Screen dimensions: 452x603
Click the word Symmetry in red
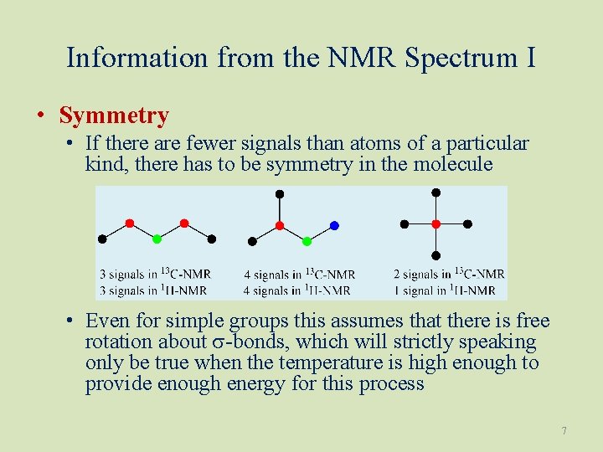[x=114, y=116]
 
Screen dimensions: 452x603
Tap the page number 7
[x=564, y=431]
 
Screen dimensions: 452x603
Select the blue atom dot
[x=334, y=225]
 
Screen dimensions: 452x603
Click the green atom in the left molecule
[x=157, y=239]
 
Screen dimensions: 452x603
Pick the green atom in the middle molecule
[x=307, y=241]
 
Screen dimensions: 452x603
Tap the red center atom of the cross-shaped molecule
[x=435, y=224]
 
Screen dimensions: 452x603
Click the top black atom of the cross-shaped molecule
[x=435, y=193]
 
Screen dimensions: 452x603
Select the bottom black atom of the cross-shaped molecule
[x=435, y=255]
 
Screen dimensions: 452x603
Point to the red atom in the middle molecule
[x=280, y=225]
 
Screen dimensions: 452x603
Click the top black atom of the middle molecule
[x=280, y=194]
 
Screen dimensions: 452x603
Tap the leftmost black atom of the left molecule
[x=102, y=239]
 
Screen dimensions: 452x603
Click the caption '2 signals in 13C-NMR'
[x=449, y=274]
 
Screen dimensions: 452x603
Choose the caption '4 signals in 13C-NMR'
[x=299, y=274]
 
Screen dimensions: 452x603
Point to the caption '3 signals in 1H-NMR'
[x=153, y=290]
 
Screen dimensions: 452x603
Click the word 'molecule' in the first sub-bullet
[x=451, y=164]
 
